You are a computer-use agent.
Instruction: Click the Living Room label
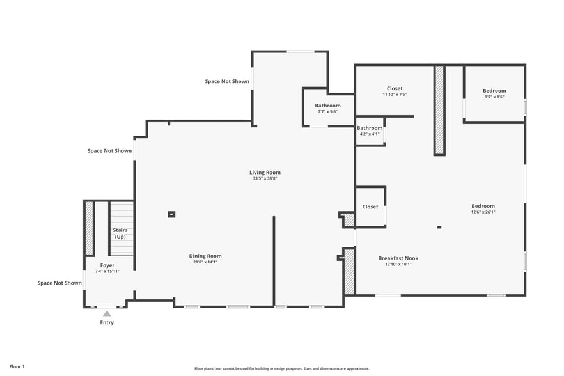tap(265, 172)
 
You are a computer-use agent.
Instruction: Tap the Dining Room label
tap(205, 256)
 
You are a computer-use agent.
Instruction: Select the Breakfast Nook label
tap(398, 258)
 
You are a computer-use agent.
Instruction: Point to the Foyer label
tap(107, 265)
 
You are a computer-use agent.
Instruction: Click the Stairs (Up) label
tap(120, 233)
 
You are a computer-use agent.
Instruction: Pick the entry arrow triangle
tap(107, 313)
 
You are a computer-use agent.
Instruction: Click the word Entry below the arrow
tap(107, 322)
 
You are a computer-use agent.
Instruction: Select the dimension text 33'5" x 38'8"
tap(265, 178)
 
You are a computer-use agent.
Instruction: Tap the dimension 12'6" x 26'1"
tap(483, 212)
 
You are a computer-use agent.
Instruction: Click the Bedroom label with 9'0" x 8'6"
tap(494, 91)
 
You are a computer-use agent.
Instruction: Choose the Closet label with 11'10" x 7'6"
tap(395, 88)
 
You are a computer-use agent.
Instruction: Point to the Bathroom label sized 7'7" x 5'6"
tap(327, 106)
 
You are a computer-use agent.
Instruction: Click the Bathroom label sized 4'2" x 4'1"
tap(370, 128)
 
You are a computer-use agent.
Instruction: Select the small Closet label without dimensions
tap(370, 207)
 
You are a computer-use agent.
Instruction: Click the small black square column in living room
tap(171, 214)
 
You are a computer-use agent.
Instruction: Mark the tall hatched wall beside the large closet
tap(439, 109)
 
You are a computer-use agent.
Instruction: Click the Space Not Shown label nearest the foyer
tap(59, 283)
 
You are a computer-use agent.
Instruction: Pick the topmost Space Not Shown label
tap(227, 81)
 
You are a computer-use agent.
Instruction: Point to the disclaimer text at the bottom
tap(281, 368)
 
